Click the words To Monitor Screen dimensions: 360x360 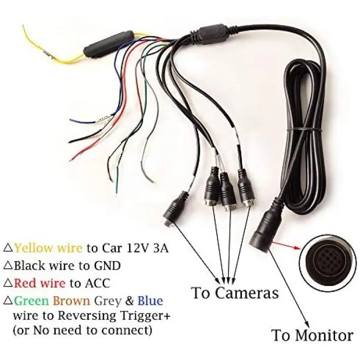click(x=312, y=336)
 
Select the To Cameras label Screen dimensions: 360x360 click(x=235, y=293)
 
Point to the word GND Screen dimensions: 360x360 click(x=107, y=265)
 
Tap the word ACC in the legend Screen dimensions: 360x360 click(x=97, y=283)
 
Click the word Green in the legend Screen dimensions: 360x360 click(x=32, y=301)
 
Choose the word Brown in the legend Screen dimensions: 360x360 click(x=72, y=301)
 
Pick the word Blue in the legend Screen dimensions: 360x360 click(x=150, y=301)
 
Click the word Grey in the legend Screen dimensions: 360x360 click(x=108, y=301)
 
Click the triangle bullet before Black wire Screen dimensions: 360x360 click(x=8, y=266)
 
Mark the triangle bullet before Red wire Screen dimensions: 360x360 click(x=8, y=284)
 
